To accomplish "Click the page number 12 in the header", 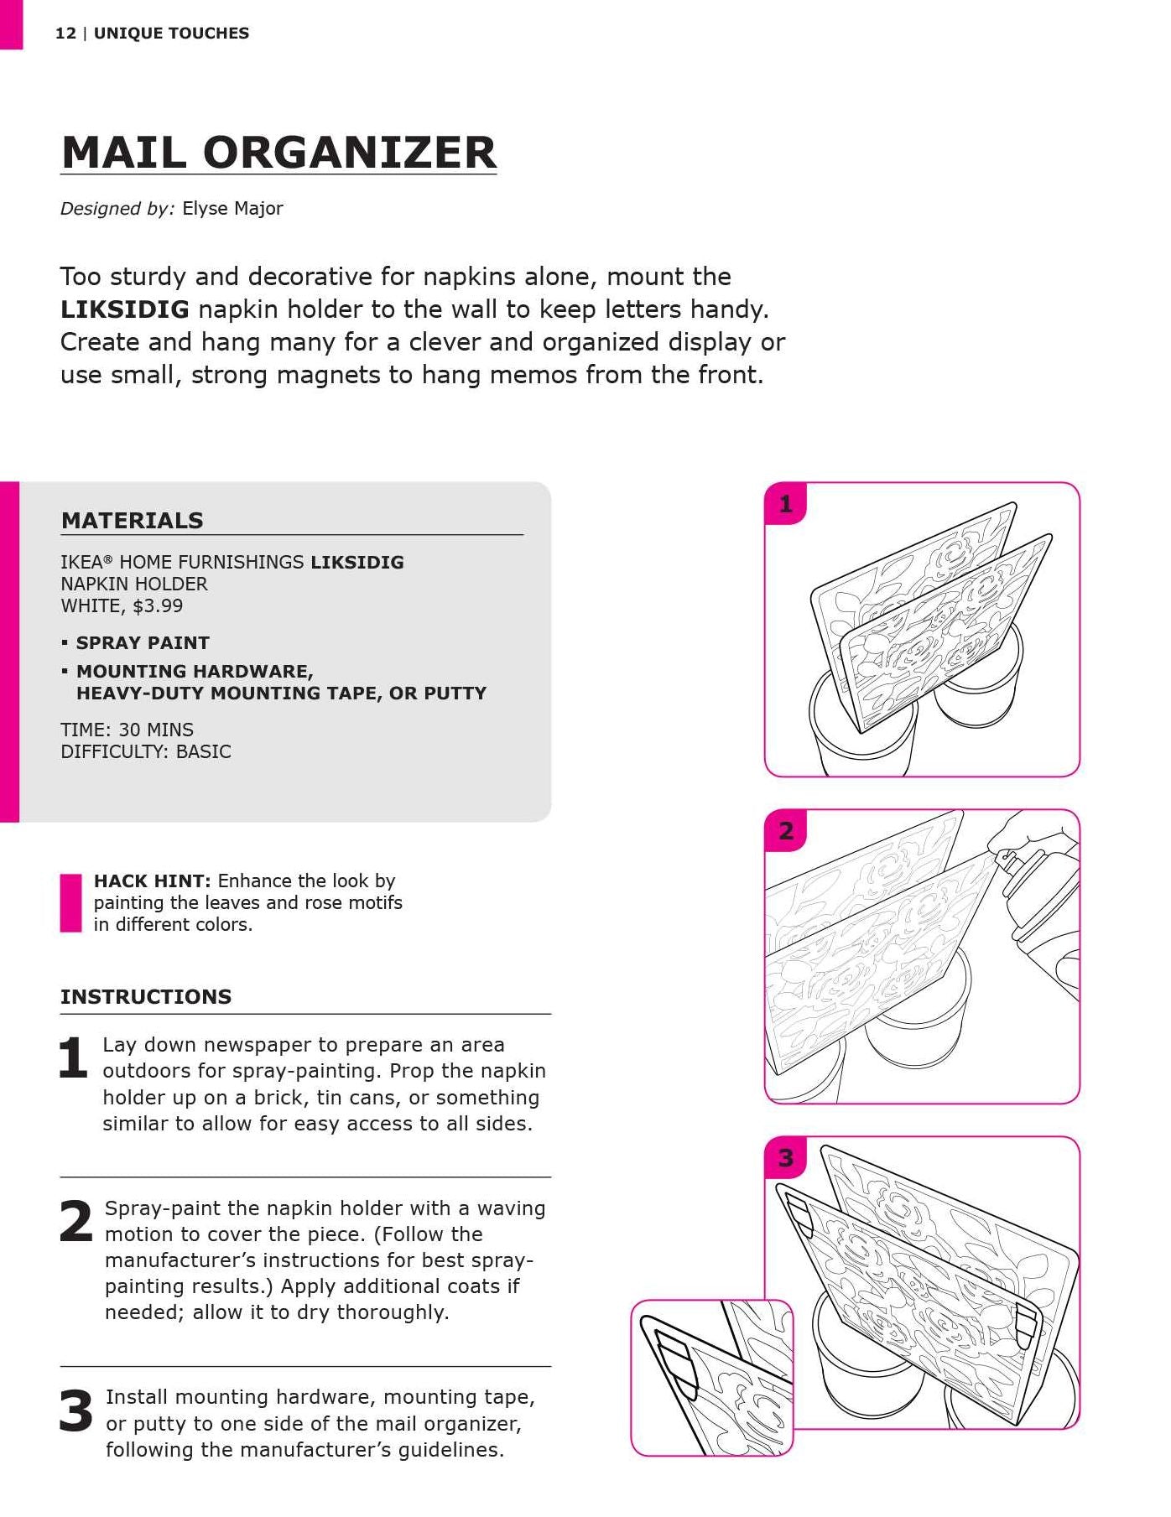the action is (x=65, y=34).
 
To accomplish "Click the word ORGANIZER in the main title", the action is (x=350, y=153).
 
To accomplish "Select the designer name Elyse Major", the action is (x=232, y=209).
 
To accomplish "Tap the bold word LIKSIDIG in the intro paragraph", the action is (x=125, y=309).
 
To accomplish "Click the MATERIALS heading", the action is (x=133, y=521).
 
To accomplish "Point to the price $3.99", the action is (x=158, y=606).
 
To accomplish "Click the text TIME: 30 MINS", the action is (x=127, y=730).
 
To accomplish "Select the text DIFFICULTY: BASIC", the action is (x=146, y=752).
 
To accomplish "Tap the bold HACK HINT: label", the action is (x=152, y=881).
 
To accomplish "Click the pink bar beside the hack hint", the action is (x=70, y=903).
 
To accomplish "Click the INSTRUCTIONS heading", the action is (x=146, y=997).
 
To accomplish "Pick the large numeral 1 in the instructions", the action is (x=73, y=1058).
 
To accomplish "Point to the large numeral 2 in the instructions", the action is (x=75, y=1222).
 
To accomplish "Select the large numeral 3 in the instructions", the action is (x=75, y=1410).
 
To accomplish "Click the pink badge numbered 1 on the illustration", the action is (x=786, y=504).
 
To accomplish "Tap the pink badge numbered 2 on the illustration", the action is (x=786, y=831).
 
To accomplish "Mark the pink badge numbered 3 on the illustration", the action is (x=786, y=1158).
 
